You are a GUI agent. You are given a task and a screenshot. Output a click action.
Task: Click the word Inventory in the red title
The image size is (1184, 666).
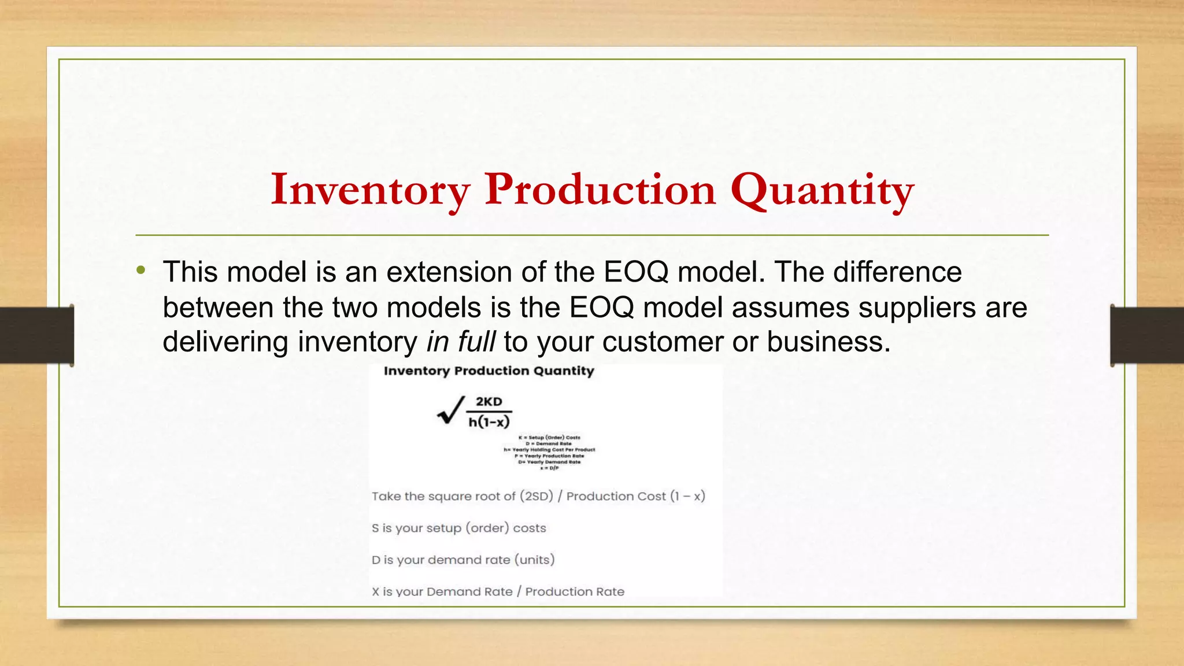coord(370,190)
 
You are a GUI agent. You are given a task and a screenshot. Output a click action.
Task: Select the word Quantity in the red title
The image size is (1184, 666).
coord(822,190)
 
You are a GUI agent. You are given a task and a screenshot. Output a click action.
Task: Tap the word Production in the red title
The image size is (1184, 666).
coord(600,190)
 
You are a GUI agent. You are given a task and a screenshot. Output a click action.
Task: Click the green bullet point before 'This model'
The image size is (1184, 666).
coord(141,270)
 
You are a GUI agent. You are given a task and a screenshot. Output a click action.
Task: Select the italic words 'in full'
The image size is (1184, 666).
coord(461,342)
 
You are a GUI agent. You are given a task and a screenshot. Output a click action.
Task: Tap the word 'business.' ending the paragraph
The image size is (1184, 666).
coord(828,342)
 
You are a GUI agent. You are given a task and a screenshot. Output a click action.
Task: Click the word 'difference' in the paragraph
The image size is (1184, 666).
coord(897,272)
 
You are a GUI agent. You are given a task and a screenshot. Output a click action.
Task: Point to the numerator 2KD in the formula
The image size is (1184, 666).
coord(489,402)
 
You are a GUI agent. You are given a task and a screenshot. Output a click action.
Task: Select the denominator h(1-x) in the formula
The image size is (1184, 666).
coord(489,422)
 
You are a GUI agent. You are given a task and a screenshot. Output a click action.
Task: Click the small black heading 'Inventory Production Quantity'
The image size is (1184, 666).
coord(489,371)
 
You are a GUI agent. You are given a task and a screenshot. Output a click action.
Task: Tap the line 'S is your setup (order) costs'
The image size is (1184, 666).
coord(458,528)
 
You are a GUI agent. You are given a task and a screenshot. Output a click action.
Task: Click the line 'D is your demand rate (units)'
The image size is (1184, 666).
coord(462,560)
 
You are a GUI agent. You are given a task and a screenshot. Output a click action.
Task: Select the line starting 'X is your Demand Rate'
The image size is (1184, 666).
coord(498,591)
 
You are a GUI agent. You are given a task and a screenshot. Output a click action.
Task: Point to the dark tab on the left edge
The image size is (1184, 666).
coord(37,335)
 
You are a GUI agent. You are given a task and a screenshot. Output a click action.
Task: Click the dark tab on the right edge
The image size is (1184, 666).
coord(1147,335)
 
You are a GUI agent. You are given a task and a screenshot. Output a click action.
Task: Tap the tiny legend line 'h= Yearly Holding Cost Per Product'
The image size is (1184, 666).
coord(549,450)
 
